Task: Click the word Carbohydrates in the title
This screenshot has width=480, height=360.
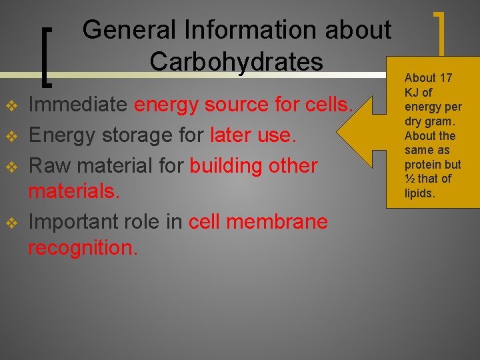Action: (x=236, y=61)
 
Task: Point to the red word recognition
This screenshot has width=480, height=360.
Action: (x=83, y=248)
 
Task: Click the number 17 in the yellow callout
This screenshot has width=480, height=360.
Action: (x=445, y=78)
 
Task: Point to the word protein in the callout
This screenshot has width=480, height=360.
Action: (x=423, y=164)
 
